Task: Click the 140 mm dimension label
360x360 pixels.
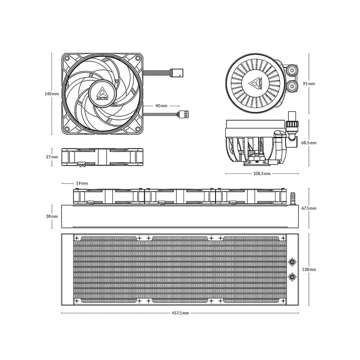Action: [x=51, y=94]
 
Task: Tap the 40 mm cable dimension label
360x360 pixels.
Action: [x=161, y=105]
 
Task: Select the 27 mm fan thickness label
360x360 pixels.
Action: [x=52, y=157]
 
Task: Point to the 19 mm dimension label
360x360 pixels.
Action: [x=82, y=183]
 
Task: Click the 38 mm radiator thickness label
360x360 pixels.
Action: [x=52, y=216]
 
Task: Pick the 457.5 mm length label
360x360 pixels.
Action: [x=180, y=313]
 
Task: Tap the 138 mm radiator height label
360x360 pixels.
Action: [x=309, y=269]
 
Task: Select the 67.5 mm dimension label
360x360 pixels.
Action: [x=309, y=208]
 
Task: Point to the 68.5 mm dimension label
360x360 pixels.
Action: [x=309, y=143]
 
